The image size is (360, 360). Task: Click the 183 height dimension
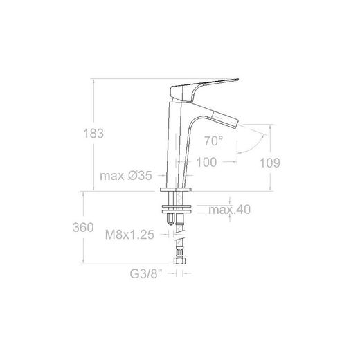click(x=93, y=134)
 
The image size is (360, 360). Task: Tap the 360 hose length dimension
click(x=83, y=227)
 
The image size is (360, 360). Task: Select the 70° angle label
click(x=213, y=141)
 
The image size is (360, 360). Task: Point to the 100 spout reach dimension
click(x=206, y=162)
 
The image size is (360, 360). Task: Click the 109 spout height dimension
click(x=270, y=163)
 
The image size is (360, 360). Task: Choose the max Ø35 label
click(x=126, y=176)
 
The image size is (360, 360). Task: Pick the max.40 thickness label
click(x=230, y=210)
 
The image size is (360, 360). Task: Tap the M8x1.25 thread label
click(x=129, y=235)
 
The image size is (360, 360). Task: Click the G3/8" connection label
click(x=146, y=273)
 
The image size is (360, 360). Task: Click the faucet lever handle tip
click(x=237, y=80)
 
